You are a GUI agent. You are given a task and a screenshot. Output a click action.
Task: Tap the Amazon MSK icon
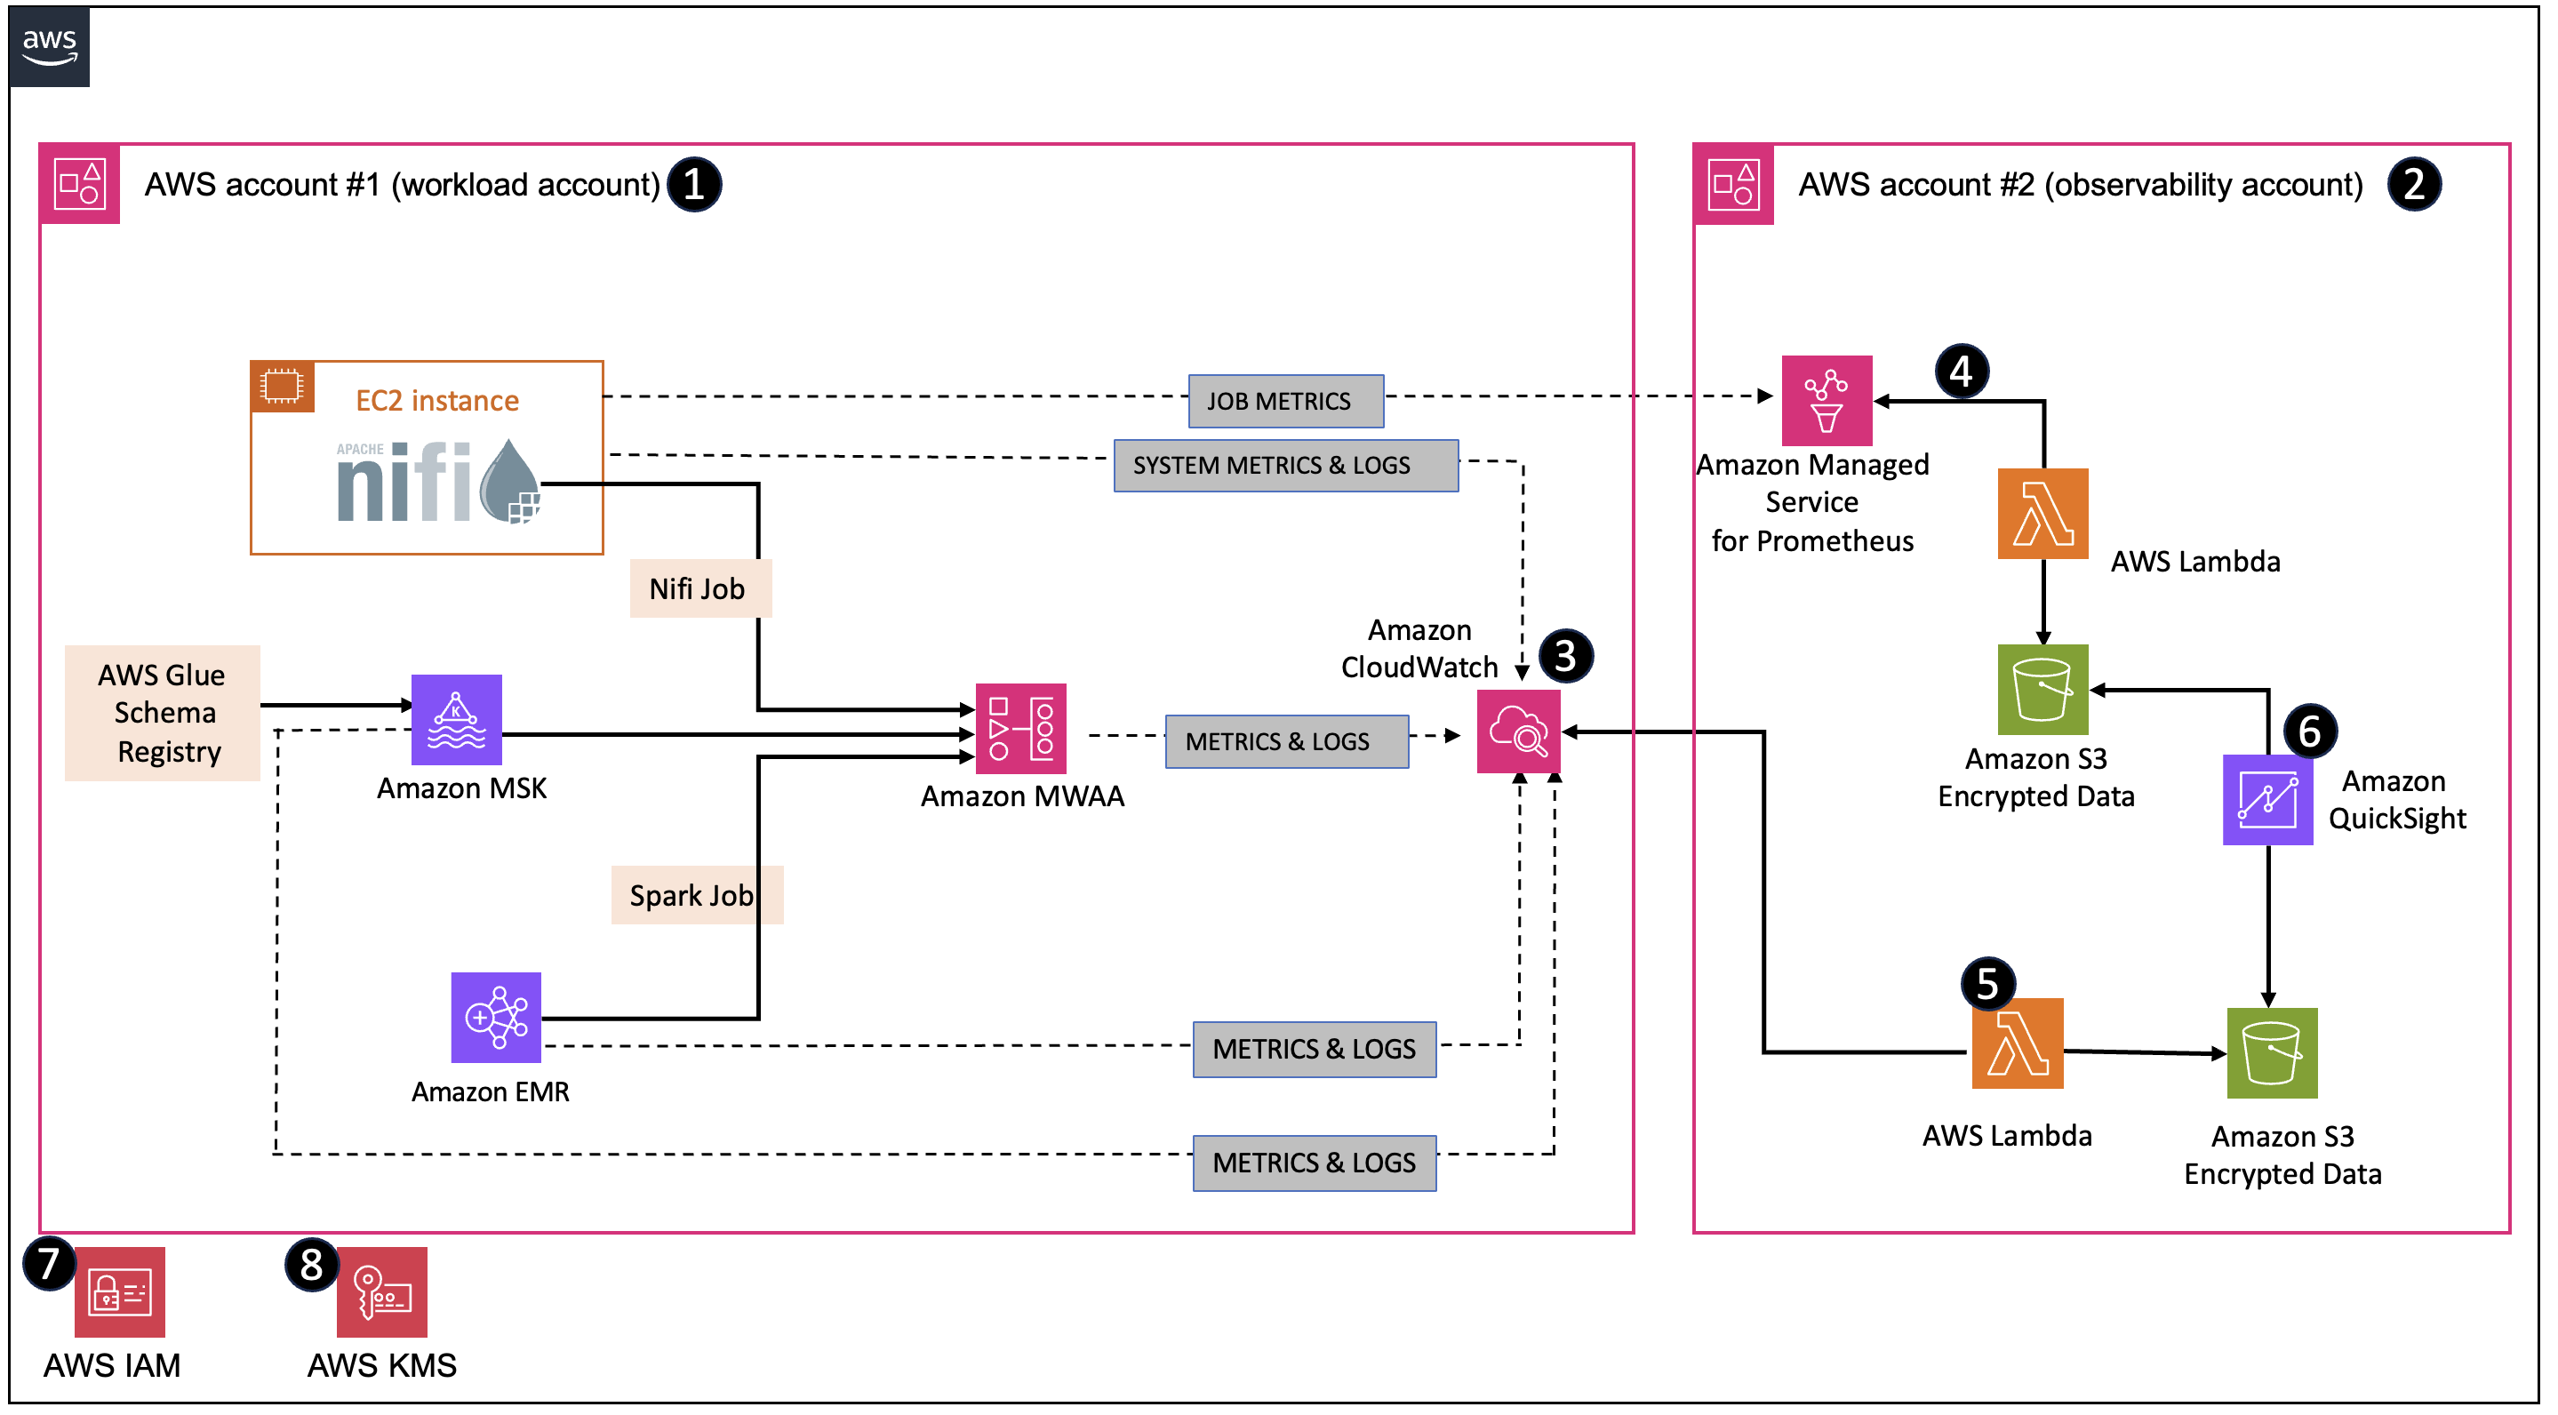click(x=457, y=721)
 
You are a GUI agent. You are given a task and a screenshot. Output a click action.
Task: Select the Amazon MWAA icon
click(x=1022, y=730)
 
